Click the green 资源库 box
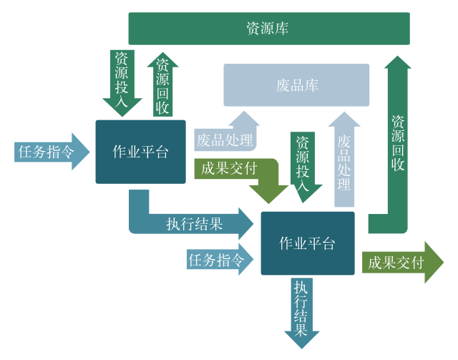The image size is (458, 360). [268, 29]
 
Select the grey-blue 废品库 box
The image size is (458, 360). [296, 85]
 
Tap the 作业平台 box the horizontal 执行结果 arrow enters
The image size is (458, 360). [308, 243]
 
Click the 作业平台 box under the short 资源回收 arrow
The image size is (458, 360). [140, 152]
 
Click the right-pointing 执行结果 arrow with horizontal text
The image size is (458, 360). [193, 223]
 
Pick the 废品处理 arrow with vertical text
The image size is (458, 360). [345, 161]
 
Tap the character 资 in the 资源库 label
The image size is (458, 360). [253, 29]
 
